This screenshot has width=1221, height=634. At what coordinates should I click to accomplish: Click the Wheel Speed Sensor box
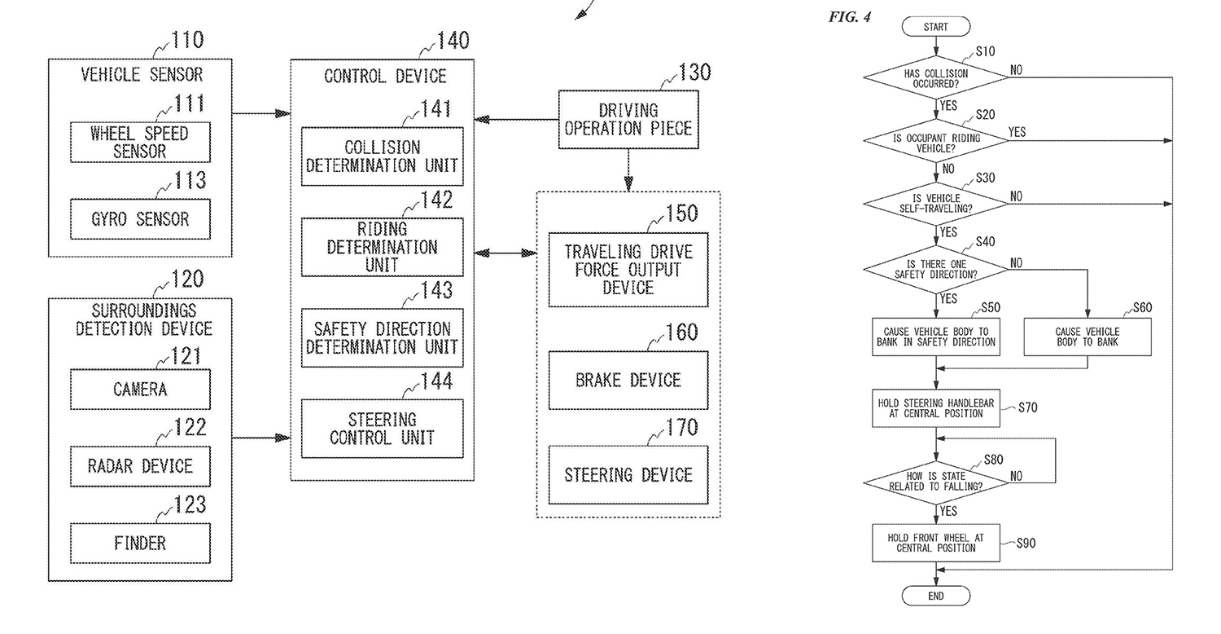[139, 143]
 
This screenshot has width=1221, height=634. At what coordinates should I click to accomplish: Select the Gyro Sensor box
[139, 218]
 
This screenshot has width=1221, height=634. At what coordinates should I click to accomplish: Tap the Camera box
[139, 389]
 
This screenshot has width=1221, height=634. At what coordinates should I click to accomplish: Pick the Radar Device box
[139, 466]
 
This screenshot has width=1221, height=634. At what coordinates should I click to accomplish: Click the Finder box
[139, 543]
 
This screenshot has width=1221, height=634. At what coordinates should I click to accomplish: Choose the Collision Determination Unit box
[382, 157]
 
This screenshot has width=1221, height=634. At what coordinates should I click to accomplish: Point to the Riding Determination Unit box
[382, 247]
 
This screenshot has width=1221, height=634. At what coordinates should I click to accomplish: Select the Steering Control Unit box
[382, 429]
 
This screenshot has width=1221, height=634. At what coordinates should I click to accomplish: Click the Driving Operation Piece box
[628, 119]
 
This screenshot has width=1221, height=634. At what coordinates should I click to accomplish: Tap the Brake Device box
[628, 380]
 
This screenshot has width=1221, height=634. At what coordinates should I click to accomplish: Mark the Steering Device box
[628, 474]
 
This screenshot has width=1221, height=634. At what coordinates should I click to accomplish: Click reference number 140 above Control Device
[452, 39]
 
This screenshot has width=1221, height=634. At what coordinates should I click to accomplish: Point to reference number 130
[693, 72]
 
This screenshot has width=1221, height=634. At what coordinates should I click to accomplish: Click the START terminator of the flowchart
[935, 27]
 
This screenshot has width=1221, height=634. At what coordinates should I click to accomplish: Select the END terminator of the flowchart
[935, 596]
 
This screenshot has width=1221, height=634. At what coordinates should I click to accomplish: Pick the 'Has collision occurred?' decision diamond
[935, 78]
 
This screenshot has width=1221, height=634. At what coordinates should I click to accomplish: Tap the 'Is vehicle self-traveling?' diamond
[935, 204]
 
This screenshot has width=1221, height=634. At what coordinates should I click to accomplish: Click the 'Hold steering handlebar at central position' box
[935, 408]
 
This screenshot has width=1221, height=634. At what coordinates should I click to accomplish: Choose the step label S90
[1026, 543]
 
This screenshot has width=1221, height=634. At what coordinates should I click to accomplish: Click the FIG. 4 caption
[849, 17]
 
